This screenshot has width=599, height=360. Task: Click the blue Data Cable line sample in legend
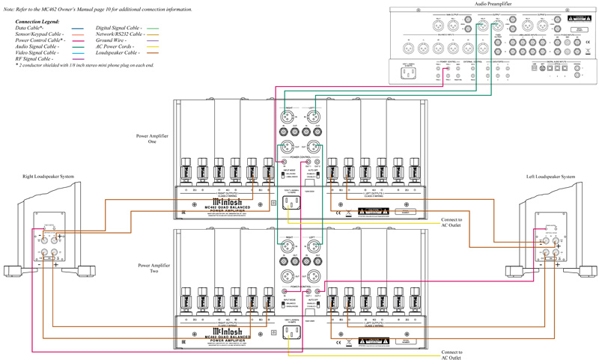point(76,28)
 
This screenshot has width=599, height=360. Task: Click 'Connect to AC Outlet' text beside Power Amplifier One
point(451,222)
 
